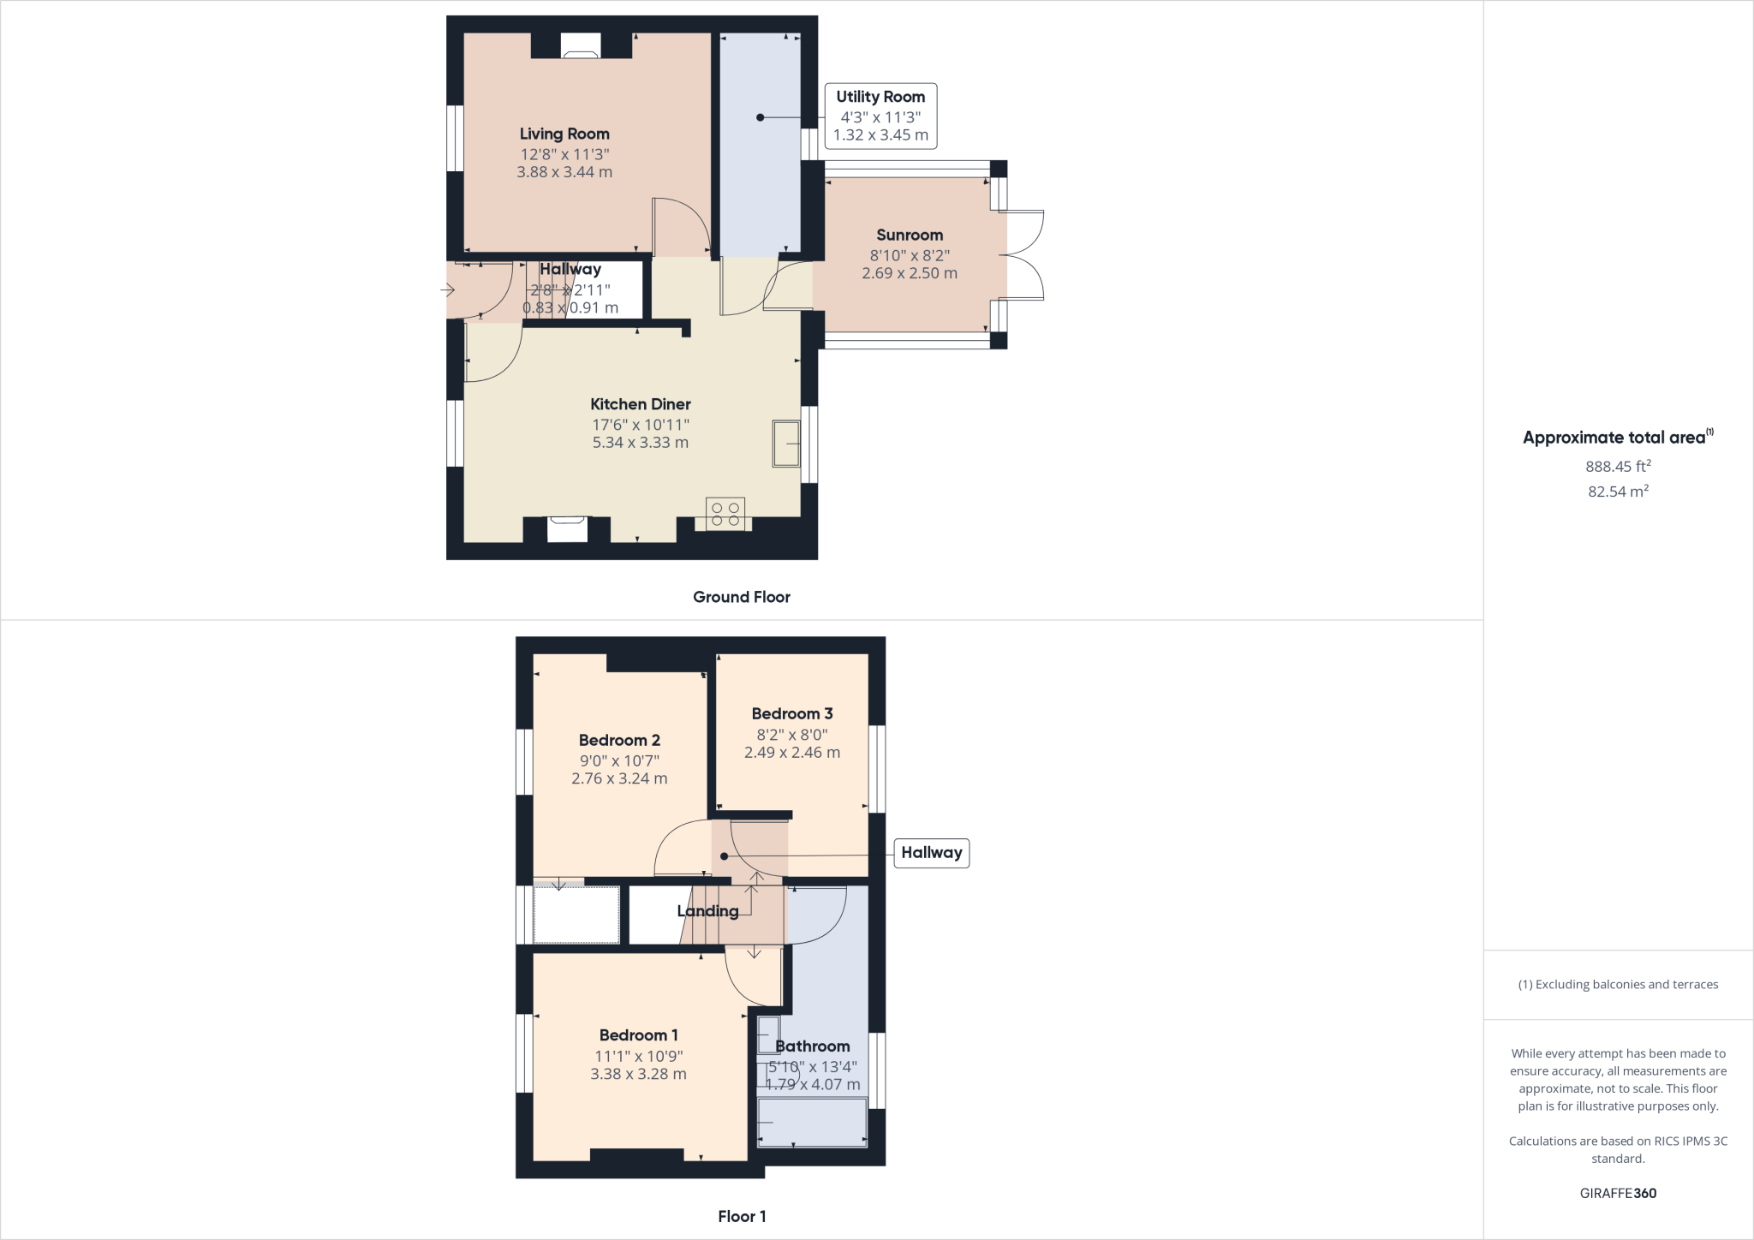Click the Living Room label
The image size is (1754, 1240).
click(564, 134)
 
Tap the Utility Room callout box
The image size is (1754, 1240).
click(880, 116)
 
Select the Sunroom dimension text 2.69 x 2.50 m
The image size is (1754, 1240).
click(910, 273)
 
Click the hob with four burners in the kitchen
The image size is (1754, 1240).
click(725, 514)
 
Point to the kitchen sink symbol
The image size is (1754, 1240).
click(786, 443)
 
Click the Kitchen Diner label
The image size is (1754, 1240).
click(640, 404)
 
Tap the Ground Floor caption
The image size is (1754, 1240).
click(741, 597)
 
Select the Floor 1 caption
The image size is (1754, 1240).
click(742, 1216)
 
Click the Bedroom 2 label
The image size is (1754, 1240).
click(619, 740)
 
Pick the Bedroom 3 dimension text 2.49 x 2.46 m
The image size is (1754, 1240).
click(792, 753)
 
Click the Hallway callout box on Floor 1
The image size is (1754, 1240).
click(931, 853)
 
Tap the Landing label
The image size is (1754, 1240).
click(707, 911)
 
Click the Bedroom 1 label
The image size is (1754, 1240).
click(638, 1035)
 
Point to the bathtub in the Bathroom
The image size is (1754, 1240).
click(812, 1122)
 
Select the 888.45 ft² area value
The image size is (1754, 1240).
click(1618, 467)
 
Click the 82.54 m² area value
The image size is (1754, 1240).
click(1618, 492)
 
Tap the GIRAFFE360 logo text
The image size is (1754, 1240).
click(1618, 1193)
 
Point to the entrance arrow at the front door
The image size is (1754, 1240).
click(447, 290)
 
